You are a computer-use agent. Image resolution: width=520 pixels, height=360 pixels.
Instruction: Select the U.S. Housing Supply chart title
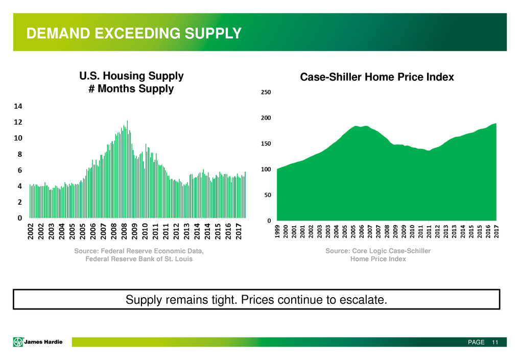[x=131, y=82]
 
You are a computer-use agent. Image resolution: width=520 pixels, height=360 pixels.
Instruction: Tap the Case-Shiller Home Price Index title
[x=376, y=77]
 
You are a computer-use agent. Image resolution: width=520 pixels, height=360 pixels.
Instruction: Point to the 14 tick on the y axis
[x=18, y=106]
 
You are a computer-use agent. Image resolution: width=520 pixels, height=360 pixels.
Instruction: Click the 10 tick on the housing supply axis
[x=18, y=138]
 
